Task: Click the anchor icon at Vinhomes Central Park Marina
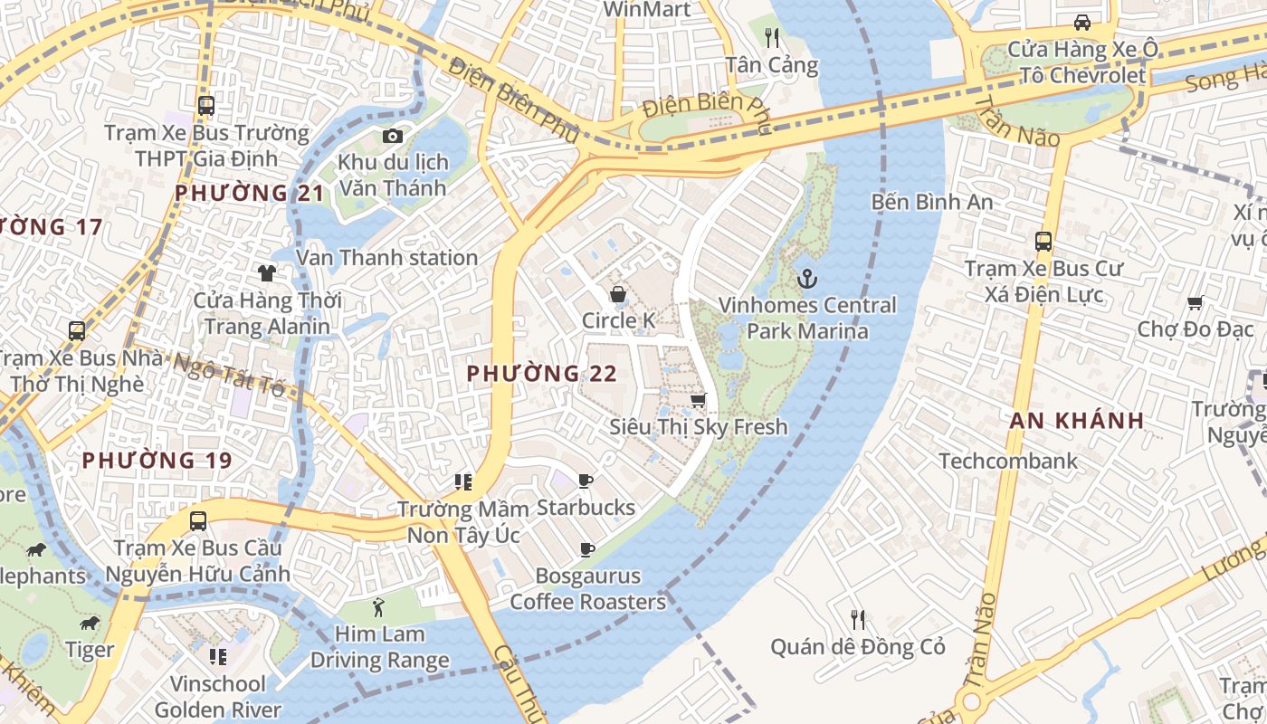tap(806, 278)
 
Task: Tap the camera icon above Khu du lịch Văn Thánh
tap(392, 136)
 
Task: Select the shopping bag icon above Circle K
tap(618, 294)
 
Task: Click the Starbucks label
tap(586, 507)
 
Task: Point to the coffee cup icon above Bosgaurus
tap(586, 549)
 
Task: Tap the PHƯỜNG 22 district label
tap(541, 373)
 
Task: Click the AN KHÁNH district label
tap(1077, 420)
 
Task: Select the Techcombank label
tap(1008, 461)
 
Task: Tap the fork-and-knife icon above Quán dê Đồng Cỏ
tap(858, 620)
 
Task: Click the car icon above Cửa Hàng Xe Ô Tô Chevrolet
tap(1081, 23)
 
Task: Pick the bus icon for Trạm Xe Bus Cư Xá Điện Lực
tap(1043, 242)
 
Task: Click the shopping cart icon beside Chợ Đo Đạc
tap(1196, 303)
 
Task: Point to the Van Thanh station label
tap(386, 258)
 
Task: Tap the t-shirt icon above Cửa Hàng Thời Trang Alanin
tap(266, 272)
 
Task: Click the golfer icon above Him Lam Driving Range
tap(379, 607)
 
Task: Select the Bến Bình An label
tap(932, 201)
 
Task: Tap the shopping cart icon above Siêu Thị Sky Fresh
tap(698, 399)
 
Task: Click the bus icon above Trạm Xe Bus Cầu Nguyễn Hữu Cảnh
tap(198, 521)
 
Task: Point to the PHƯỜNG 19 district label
tap(157, 461)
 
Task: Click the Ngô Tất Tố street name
tap(228, 375)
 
